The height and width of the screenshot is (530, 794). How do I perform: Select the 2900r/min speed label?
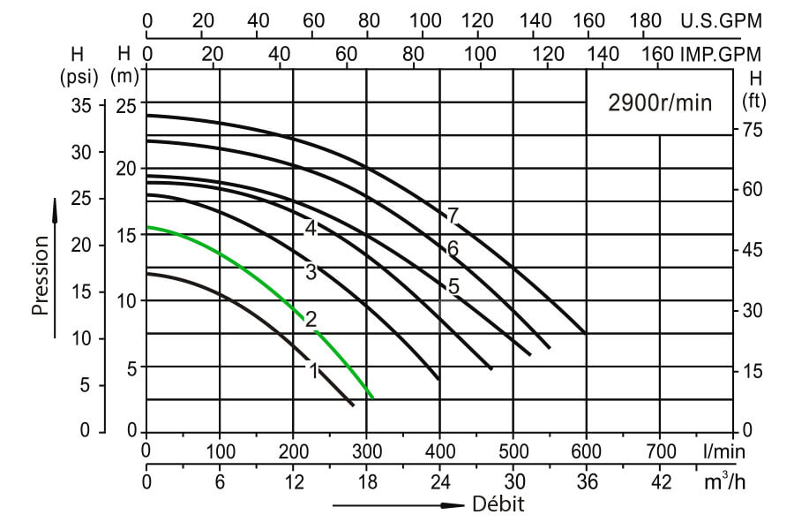[659, 102]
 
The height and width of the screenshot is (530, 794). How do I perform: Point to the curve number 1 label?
[312, 371]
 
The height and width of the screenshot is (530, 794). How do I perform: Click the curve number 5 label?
[453, 286]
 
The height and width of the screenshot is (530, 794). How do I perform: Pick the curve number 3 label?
[311, 272]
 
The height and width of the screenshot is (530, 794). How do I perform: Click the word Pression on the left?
[40, 274]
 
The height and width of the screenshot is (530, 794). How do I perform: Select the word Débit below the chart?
[498, 505]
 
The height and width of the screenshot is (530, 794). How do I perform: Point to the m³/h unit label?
[724, 482]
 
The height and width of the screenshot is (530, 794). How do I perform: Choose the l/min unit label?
[724, 450]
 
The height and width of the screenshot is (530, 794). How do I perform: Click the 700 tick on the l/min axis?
[660, 450]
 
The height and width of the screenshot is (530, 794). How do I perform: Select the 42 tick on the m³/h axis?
[660, 482]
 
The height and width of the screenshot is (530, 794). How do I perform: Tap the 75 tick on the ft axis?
[753, 130]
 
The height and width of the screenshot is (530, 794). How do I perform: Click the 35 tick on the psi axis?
[81, 105]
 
